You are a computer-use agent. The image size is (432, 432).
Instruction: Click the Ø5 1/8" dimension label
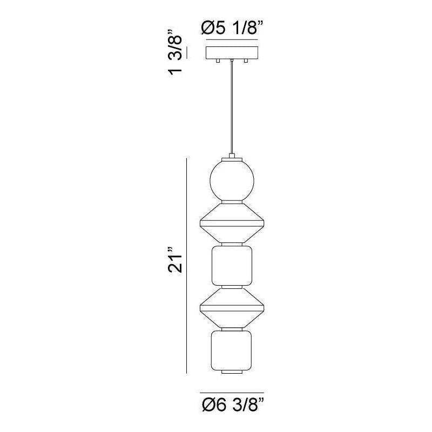tap(232, 29)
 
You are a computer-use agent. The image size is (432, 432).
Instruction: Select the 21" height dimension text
tap(175, 260)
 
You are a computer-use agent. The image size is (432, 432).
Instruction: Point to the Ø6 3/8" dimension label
tap(233, 405)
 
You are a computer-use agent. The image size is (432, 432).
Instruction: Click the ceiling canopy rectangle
tap(232, 53)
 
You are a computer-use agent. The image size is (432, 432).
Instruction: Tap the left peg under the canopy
tap(218, 61)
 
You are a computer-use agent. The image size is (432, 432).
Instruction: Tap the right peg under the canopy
tap(246, 61)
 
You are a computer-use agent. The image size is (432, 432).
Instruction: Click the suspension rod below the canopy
tap(232, 107)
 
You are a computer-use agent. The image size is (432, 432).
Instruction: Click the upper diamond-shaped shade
tap(232, 223)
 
